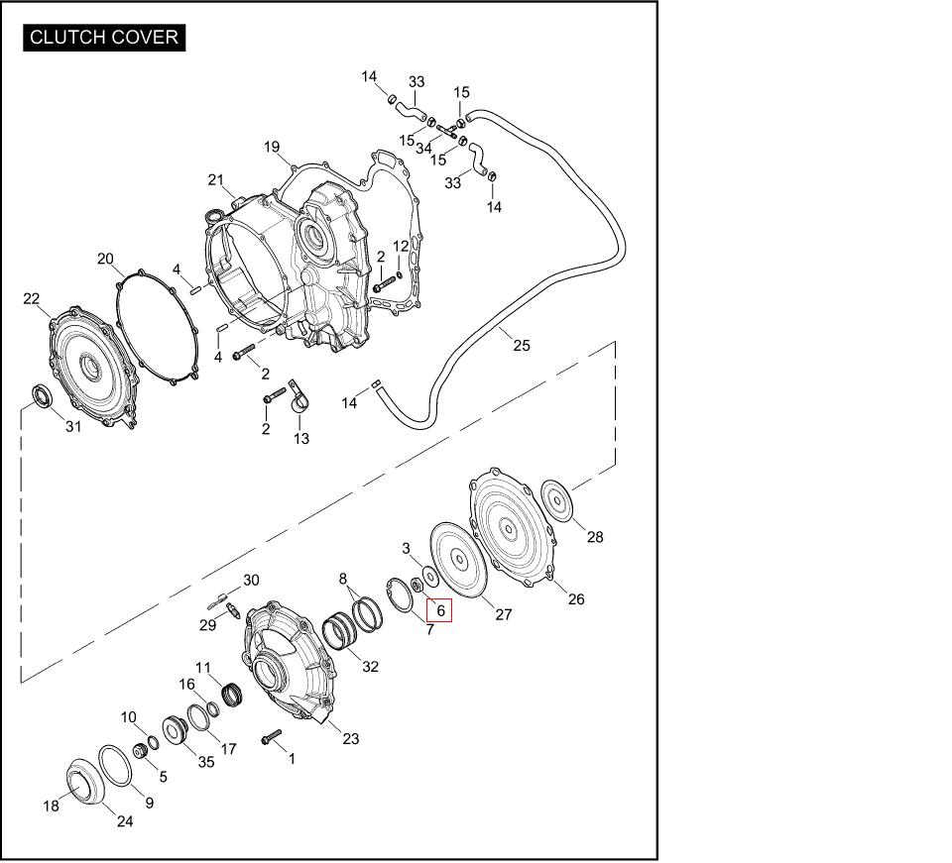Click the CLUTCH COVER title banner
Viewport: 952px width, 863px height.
[104, 38]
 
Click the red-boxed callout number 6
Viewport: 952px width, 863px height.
[440, 610]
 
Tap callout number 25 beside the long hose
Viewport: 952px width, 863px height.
[522, 345]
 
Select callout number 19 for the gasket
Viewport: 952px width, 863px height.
[272, 147]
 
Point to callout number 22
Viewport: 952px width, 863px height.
[31, 298]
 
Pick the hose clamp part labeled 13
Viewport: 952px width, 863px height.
[299, 398]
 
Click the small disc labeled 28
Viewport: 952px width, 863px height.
[556, 500]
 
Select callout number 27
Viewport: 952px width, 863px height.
[504, 614]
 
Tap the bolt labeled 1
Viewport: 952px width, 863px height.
[272, 737]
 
